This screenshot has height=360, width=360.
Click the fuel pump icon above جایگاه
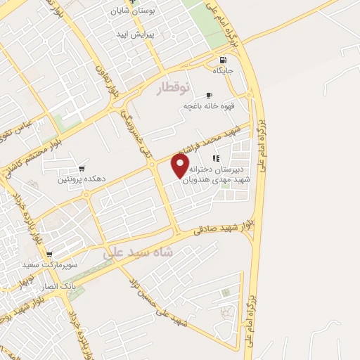222,60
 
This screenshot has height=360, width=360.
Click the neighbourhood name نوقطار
172,87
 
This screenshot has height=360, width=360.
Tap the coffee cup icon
208,95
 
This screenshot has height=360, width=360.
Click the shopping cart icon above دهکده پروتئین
82,169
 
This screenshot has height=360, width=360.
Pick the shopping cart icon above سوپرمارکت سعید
49,255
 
